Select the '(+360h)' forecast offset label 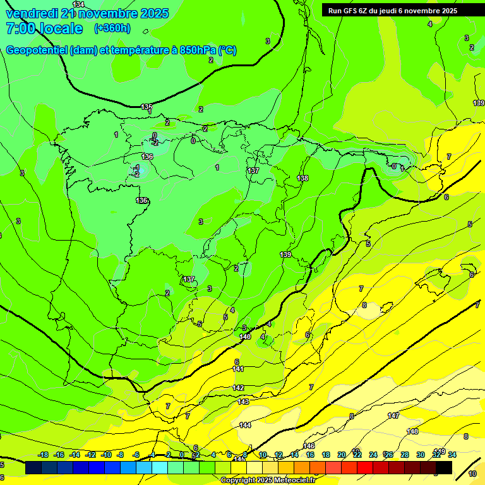(112, 28)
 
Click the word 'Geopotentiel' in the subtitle (37, 51)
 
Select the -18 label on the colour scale (44, 455)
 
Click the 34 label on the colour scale (452, 455)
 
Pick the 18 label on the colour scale (326, 455)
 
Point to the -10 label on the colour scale (106, 455)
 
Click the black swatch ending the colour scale (444, 468)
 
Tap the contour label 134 (78, 4)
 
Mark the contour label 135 (147, 107)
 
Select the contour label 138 (303, 178)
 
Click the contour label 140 (246, 337)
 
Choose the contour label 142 (238, 388)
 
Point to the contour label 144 (245, 425)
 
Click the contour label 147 (393, 416)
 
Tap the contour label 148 (412, 431)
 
